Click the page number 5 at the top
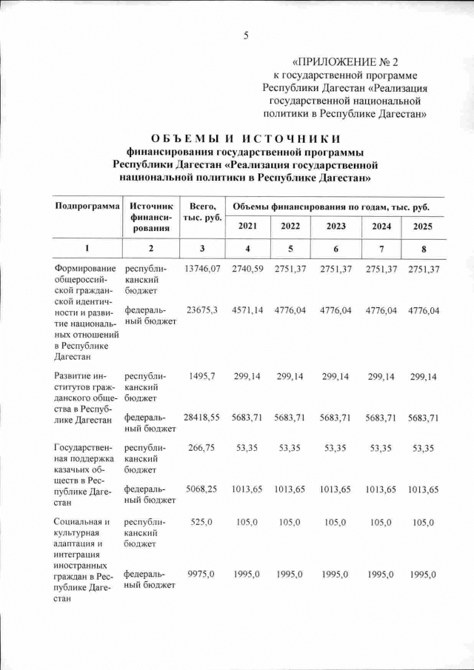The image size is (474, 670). pos(247,35)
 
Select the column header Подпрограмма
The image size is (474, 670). pos(86,205)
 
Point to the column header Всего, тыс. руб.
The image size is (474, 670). pos(202,211)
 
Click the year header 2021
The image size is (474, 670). pos(247,225)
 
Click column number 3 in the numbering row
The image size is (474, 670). pos(202,247)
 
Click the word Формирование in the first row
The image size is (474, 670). pos(86,268)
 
